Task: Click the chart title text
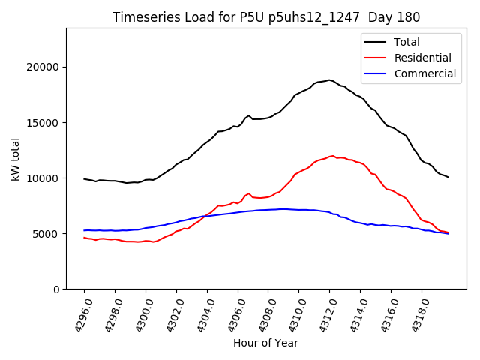266,16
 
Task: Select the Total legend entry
406,42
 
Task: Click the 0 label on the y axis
56,289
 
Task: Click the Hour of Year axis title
265,343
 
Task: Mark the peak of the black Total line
329,79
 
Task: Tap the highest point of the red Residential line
331,156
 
